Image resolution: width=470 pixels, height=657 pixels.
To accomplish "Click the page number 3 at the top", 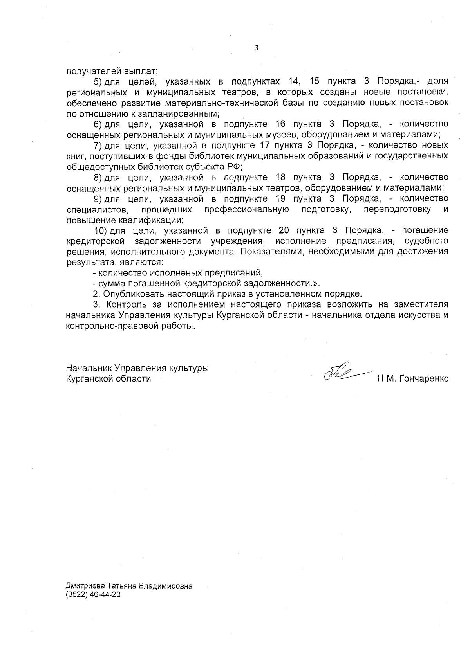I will tap(256, 48).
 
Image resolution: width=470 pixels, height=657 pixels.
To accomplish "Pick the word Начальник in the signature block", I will tap(89, 368).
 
